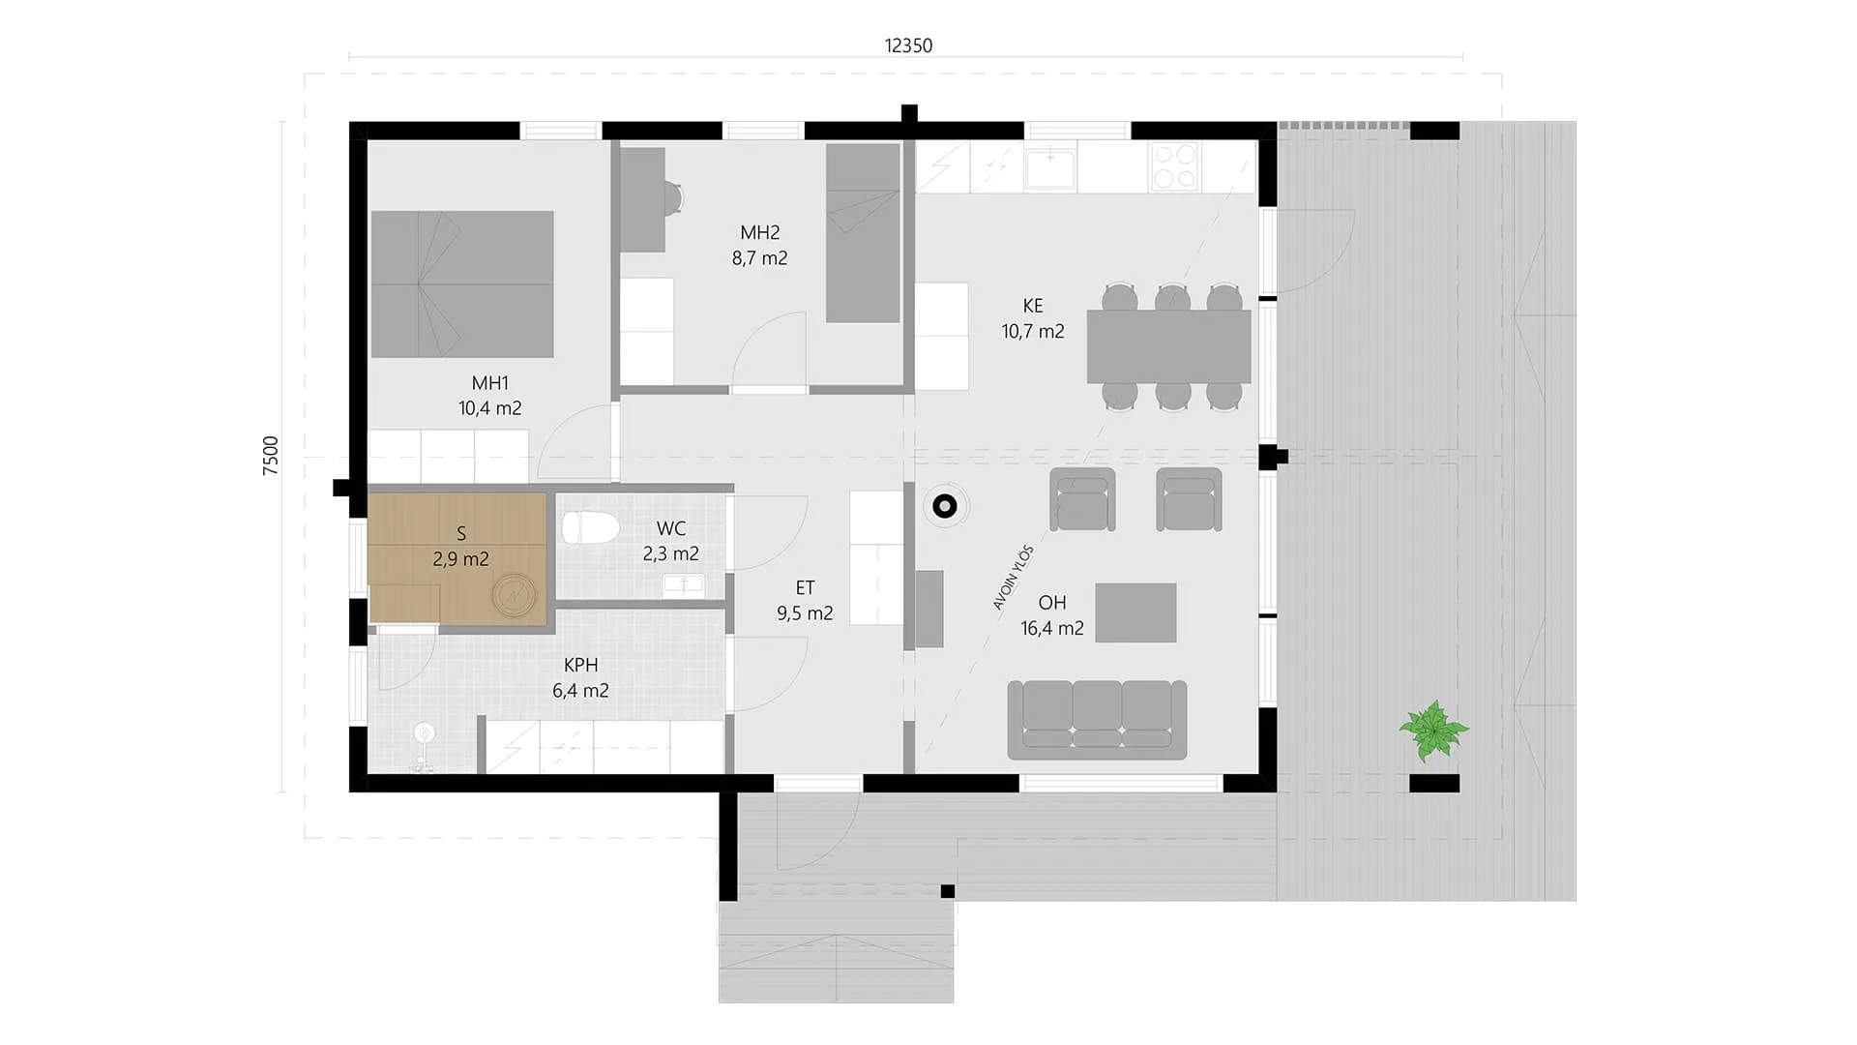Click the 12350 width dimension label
pos(908,45)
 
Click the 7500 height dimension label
pos(271,455)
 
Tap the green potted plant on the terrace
pos(1433,731)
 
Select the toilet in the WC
pos(591,528)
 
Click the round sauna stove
pos(514,595)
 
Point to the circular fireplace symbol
pos(944,505)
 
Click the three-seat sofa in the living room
pos(1097,719)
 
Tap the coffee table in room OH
pos(1135,612)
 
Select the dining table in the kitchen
pos(1168,346)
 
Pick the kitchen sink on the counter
pos(1050,166)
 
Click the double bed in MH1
pos(462,284)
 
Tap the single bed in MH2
pos(863,233)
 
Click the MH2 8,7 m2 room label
pos(759,245)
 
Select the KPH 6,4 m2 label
pos(580,677)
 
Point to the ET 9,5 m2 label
pos(805,600)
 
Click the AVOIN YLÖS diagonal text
pos(1014,578)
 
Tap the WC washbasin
pos(684,583)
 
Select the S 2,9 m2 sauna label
pos(460,546)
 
